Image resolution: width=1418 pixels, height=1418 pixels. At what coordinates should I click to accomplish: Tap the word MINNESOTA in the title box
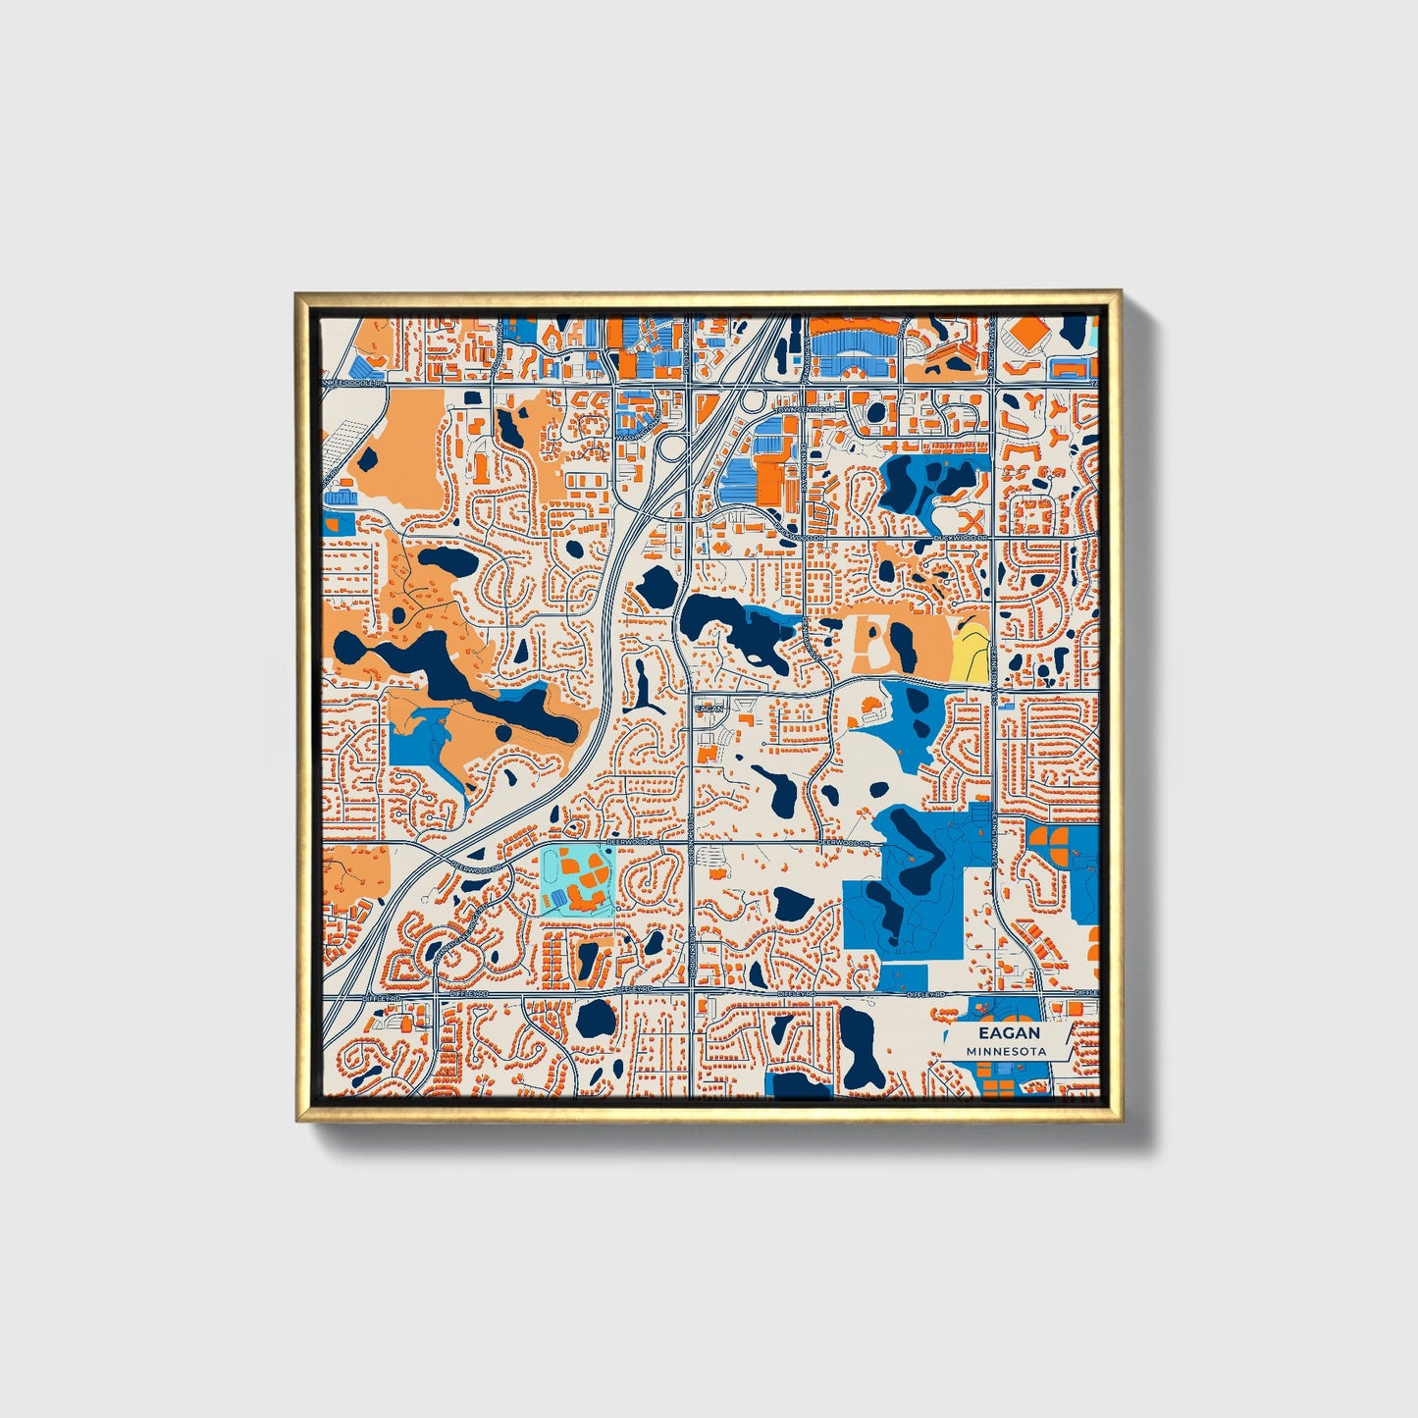[x=1006, y=1051]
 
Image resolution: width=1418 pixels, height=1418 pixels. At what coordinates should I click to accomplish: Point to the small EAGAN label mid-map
[x=708, y=708]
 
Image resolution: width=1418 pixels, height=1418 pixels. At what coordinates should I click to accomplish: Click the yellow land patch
[x=970, y=650]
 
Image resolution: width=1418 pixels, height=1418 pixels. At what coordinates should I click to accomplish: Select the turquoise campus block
[x=577, y=880]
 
